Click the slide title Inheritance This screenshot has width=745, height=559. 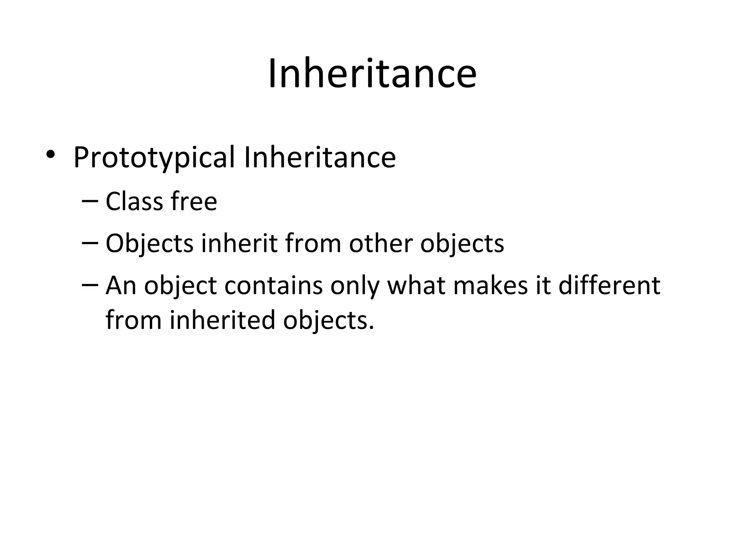coord(372,74)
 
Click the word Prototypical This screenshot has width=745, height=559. coord(154,158)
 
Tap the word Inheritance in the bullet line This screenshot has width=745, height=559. coord(320,157)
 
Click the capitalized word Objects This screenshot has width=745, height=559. coord(150,244)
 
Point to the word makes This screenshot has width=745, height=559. coord(490,285)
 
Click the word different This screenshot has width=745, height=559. coord(609,285)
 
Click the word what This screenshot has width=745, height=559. coord(416,285)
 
